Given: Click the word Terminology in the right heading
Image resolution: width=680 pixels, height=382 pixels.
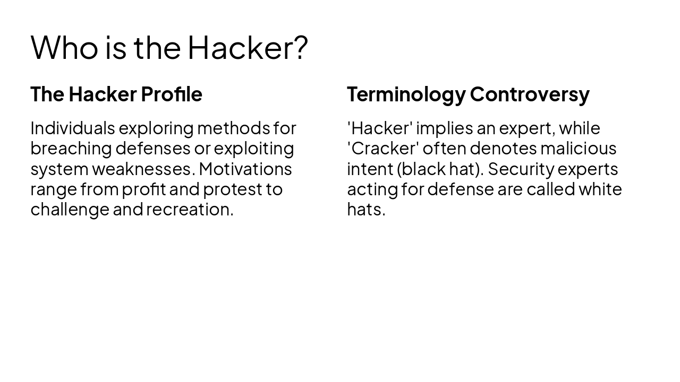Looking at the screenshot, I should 406,94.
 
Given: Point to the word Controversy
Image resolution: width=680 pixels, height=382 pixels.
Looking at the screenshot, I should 530,94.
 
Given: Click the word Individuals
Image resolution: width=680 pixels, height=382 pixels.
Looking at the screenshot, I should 72,128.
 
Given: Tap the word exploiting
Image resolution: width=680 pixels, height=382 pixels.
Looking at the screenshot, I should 253,148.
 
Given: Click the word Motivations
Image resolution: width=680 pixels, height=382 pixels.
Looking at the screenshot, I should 245,169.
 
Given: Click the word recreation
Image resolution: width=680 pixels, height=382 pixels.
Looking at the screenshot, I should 190,209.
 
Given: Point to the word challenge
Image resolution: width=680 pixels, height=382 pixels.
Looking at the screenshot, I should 70,209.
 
